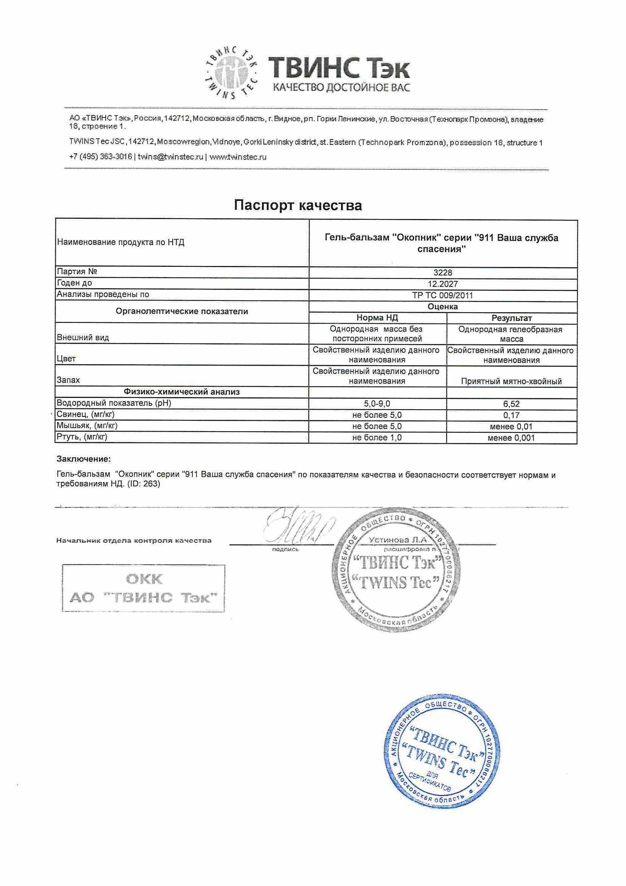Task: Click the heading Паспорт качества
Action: (x=298, y=205)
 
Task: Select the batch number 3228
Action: (x=442, y=272)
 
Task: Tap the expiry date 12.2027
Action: (x=442, y=284)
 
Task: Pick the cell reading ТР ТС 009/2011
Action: (x=442, y=296)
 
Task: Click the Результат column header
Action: (x=512, y=318)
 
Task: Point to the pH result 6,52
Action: (x=512, y=404)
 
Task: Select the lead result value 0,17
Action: (x=512, y=415)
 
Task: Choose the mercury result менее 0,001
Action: (x=512, y=438)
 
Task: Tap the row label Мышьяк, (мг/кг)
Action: (x=87, y=426)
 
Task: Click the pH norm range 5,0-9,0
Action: (x=377, y=404)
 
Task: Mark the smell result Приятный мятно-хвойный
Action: (x=512, y=381)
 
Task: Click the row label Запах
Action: (x=69, y=380)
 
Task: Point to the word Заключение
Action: (x=84, y=459)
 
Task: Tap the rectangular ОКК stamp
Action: (x=143, y=588)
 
